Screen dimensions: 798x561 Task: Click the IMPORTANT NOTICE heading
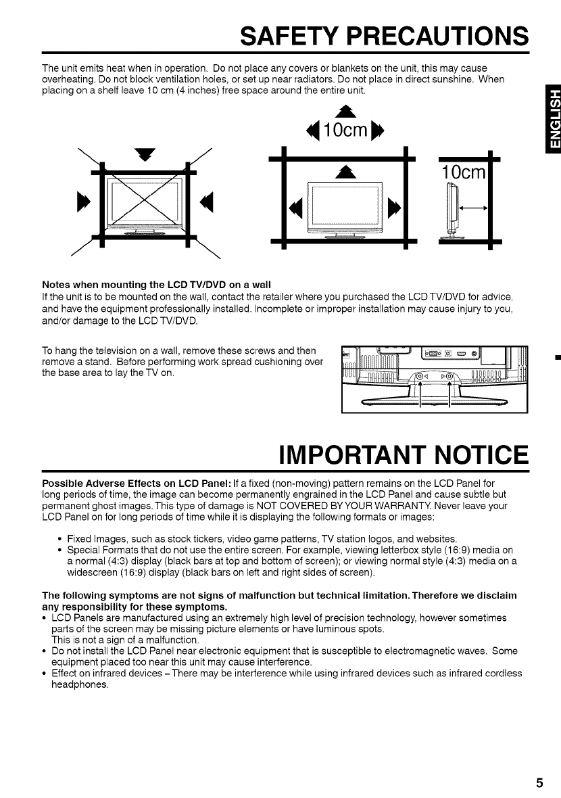(x=404, y=455)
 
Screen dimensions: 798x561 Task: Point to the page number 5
(x=539, y=783)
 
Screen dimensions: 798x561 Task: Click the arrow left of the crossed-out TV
(x=84, y=201)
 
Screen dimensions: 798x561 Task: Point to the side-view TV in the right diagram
(x=449, y=210)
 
